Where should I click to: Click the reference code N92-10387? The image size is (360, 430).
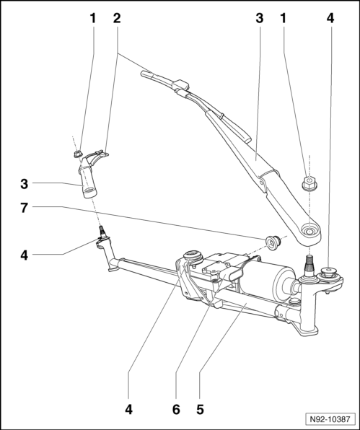(328, 418)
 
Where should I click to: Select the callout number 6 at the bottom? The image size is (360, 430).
(175, 409)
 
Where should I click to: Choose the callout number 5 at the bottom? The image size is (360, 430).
(200, 409)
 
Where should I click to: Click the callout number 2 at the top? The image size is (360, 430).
(117, 17)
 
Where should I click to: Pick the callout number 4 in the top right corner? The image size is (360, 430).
(330, 17)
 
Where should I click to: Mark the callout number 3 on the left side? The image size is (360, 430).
(23, 185)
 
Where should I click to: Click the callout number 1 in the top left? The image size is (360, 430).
(92, 17)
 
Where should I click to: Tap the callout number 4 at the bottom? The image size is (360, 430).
(128, 409)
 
